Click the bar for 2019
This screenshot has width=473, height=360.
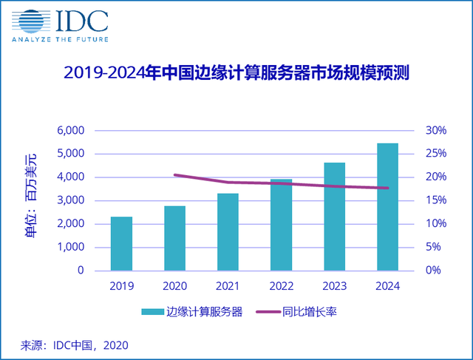coord(121,243)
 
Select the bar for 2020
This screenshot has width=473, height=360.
coord(174,238)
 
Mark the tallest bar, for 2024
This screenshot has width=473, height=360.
coord(388,206)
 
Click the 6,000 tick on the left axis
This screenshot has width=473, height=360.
coord(71,131)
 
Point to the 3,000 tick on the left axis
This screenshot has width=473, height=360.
coord(71,200)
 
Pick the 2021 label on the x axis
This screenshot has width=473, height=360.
coord(228,286)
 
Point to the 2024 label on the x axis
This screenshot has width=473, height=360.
coord(388,286)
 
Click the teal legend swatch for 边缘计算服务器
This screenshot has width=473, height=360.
coord(153,312)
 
